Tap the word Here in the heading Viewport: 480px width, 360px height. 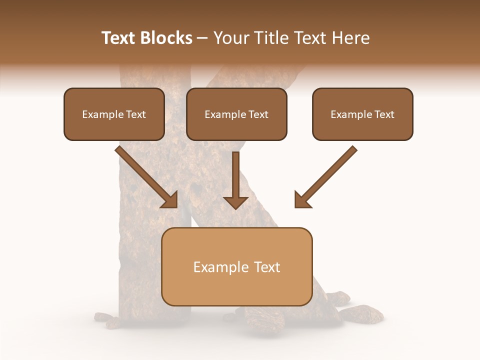coord(350,38)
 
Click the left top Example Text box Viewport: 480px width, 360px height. coord(114,114)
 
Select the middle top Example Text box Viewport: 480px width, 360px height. coord(236,114)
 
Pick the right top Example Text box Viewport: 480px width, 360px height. coord(362,114)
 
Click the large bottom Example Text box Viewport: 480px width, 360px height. coord(236,267)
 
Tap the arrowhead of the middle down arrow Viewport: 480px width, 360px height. coord(235,202)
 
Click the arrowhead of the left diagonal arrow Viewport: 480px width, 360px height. coord(170,199)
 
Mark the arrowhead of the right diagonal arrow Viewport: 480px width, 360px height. coord(302,199)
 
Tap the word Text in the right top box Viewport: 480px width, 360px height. coord(384,114)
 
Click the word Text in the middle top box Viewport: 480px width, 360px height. coord(258,114)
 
